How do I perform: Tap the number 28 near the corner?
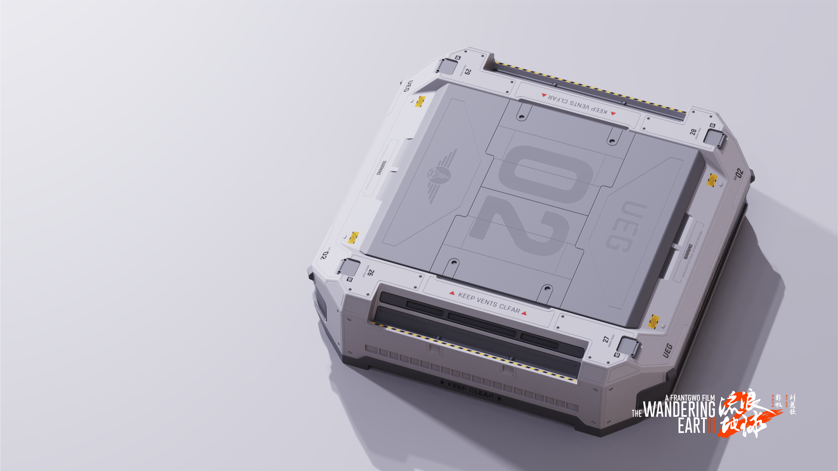[x=693, y=132]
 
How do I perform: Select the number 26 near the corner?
[x=371, y=272]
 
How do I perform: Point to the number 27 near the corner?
[x=606, y=339]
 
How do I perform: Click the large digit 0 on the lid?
[x=547, y=174]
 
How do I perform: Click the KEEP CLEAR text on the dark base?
[x=470, y=390]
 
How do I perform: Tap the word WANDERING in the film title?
[x=679, y=409]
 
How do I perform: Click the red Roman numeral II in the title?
[x=711, y=425]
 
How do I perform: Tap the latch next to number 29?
[x=446, y=67]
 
